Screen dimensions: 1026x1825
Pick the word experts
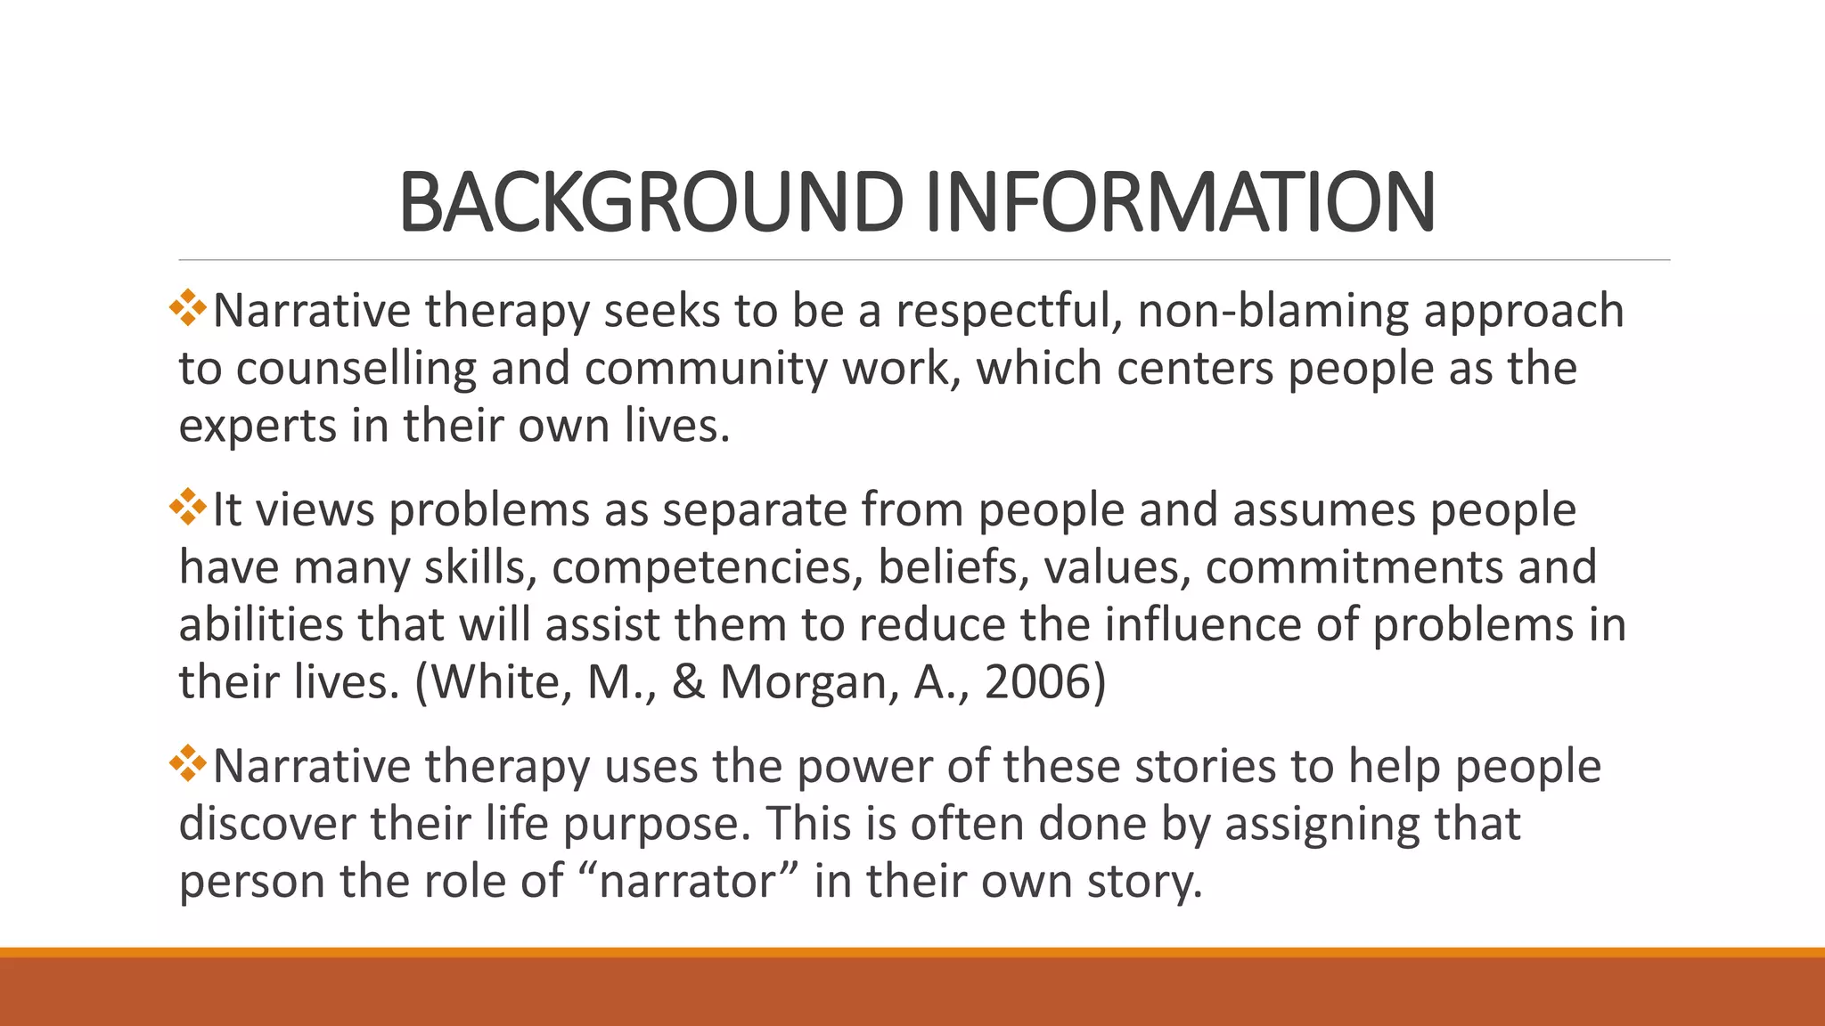point(258,427)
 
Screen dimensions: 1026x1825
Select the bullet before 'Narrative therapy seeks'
point(188,307)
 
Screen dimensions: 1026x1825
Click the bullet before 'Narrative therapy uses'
point(188,763)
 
